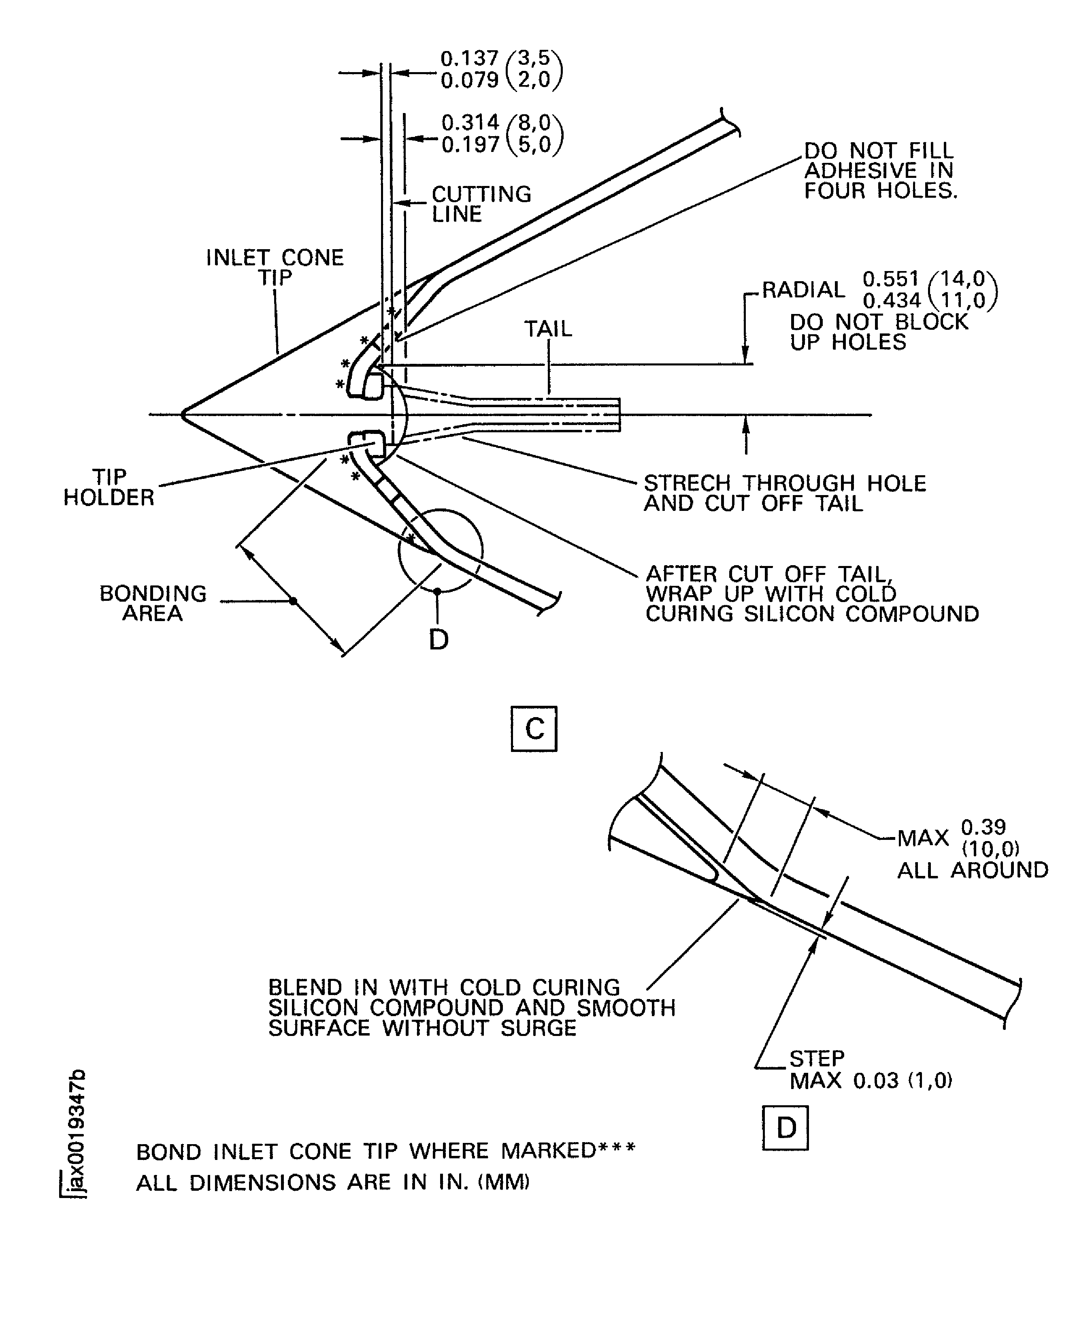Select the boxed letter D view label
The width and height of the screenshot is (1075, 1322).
[785, 1128]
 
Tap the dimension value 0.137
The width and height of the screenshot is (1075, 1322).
[469, 58]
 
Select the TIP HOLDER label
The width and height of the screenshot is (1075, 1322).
[109, 487]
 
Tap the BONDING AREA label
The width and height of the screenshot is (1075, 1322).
[153, 603]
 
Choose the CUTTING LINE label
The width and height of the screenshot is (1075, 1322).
[481, 204]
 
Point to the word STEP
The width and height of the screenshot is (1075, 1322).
[816, 1058]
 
